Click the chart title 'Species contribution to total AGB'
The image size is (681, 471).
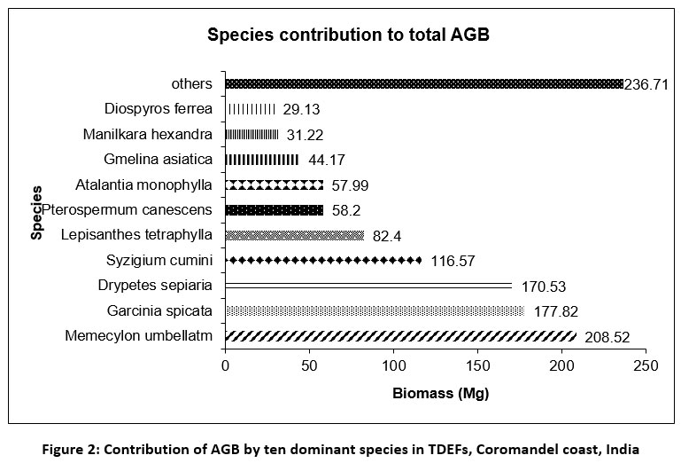click(x=348, y=36)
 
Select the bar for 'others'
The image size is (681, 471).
click(x=423, y=83)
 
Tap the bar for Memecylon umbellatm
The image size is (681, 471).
click(x=400, y=336)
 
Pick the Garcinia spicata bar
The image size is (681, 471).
click(x=375, y=311)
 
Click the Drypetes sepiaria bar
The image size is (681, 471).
click(x=368, y=286)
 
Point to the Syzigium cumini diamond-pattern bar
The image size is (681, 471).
click(x=323, y=261)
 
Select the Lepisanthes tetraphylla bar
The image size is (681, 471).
click(x=295, y=235)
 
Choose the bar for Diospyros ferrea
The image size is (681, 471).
click(x=251, y=109)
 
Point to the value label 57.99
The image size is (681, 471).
click(x=351, y=186)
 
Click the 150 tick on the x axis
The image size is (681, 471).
click(x=478, y=365)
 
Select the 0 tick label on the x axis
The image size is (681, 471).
click(x=226, y=365)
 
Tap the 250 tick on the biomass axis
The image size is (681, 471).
click(x=646, y=365)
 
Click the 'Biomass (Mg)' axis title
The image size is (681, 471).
click(x=436, y=392)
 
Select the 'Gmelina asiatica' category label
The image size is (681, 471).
click(x=159, y=160)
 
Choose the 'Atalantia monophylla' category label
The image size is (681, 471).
click(x=145, y=185)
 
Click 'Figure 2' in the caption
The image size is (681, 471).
click(x=74, y=449)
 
